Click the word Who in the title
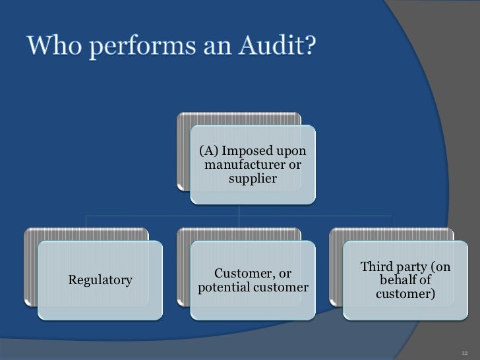[53, 48]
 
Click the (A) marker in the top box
[210, 152]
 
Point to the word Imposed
[247, 152]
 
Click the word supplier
[252, 178]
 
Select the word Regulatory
[100, 280]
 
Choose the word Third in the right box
[375, 267]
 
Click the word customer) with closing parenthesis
[405, 294]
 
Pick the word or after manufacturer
[296, 165]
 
